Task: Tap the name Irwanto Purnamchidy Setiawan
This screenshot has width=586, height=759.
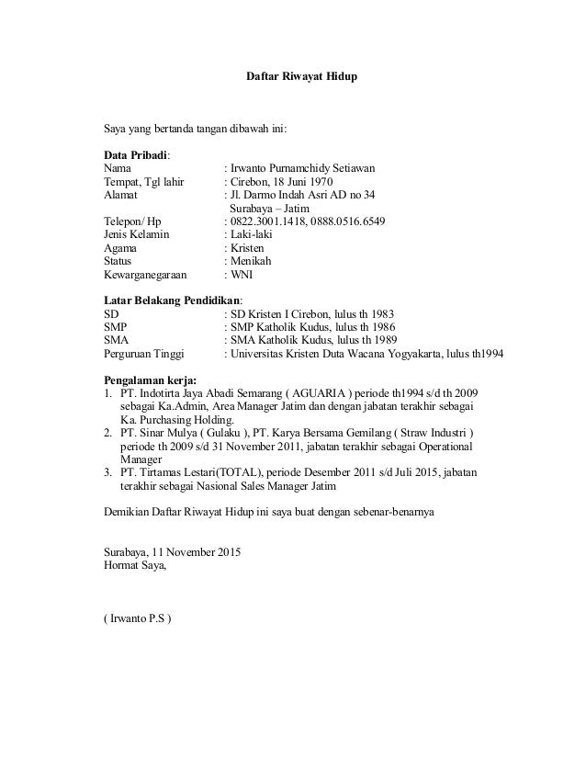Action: (x=302, y=169)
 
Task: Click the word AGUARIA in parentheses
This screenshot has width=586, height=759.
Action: (x=341, y=393)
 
